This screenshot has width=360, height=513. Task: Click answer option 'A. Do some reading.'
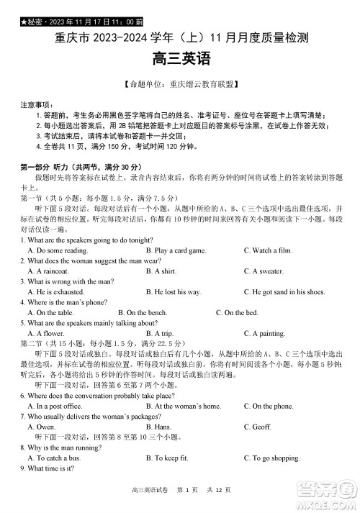(58, 250)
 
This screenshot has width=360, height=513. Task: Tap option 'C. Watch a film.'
(269, 250)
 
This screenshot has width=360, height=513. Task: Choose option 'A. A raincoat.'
(50, 271)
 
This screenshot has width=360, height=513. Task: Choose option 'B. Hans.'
(158, 427)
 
